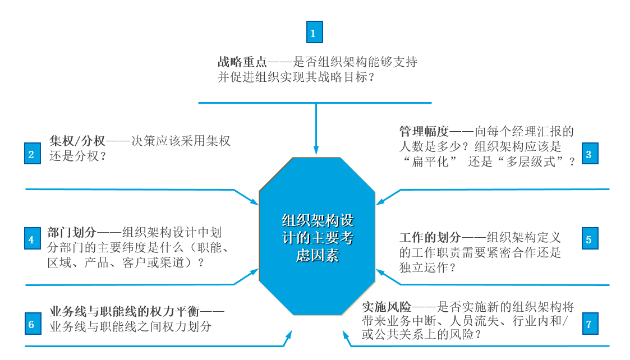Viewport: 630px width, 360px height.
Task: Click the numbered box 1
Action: (314, 33)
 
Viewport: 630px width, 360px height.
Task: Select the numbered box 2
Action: (33, 154)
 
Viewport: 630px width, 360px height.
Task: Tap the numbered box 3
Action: (589, 154)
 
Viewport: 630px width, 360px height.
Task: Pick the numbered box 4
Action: (33, 239)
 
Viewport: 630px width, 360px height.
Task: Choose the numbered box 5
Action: (589, 239)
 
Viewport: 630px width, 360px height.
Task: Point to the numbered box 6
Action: (33, 324)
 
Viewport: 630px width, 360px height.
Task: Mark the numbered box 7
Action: (589, 324)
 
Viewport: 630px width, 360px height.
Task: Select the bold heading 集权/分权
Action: (77, 141)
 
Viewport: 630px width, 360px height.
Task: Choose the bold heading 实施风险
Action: (387, 307)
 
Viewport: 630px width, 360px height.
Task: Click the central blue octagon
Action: (318, 237)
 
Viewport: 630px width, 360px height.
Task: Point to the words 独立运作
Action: (424, 267)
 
